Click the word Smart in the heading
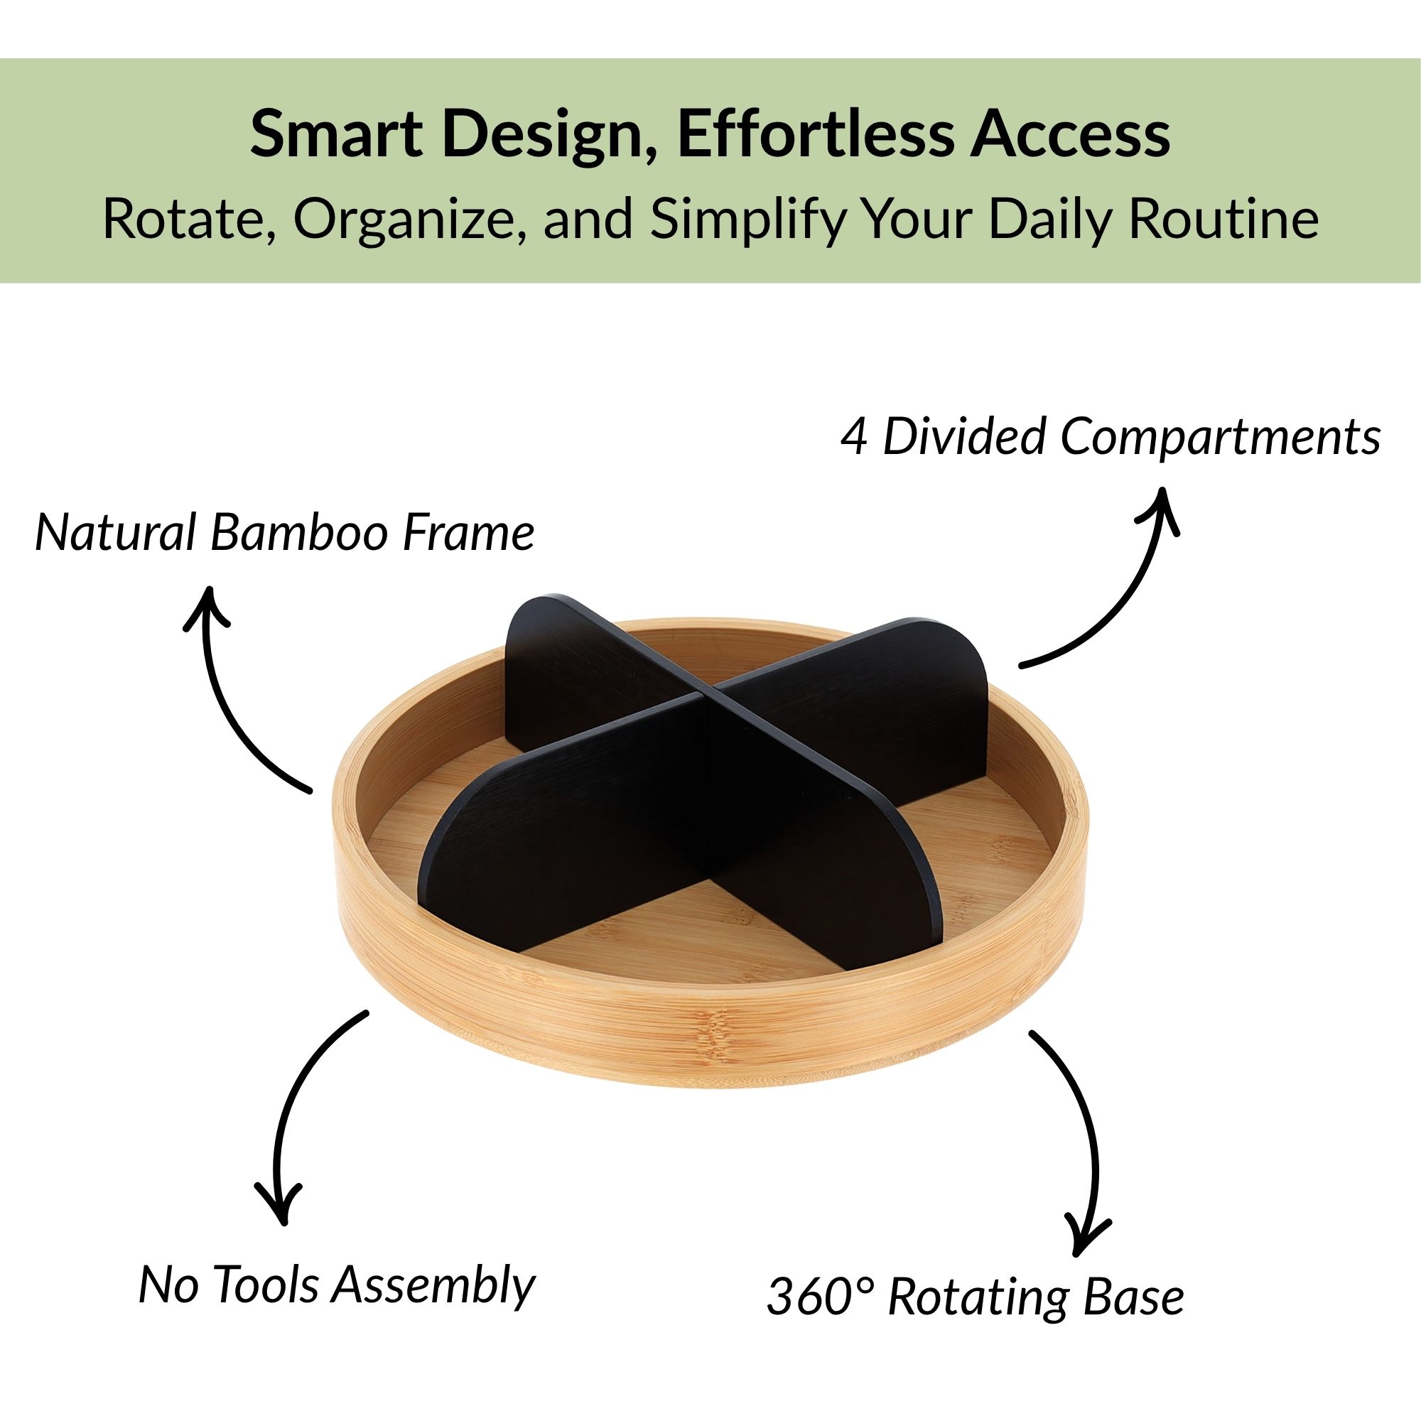coord(336,134)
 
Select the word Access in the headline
coord(1070,134)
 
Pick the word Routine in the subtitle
coord(1224,217)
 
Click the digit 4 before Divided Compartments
coord(855,437)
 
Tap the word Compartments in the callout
coord(1220,438)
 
